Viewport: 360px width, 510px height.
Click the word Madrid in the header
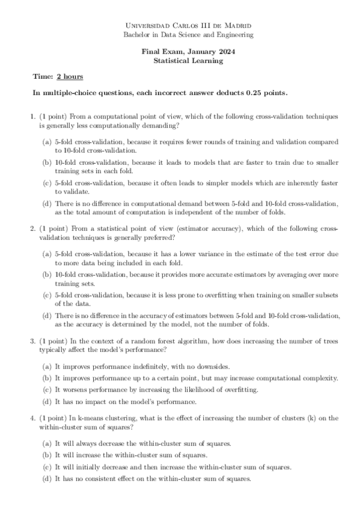237,26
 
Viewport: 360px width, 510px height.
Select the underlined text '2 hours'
70,77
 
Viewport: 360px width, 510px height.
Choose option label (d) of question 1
46,204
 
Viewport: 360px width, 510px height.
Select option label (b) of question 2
46,274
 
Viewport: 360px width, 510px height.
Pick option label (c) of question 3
46,390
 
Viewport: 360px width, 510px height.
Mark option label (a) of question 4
46,443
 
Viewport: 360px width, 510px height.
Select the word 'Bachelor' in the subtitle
136,35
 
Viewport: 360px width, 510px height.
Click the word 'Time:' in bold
43,77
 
